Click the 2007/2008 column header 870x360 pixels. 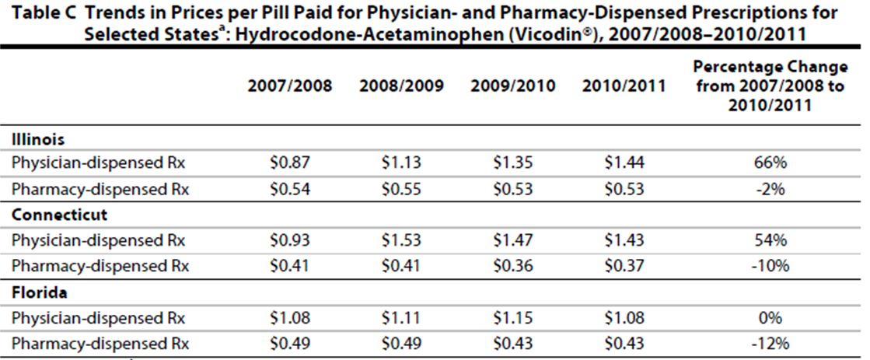coord(290,86)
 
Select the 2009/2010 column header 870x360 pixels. coord(513,86)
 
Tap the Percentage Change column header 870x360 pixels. coord(770,86)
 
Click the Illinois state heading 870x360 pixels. coord(37,140)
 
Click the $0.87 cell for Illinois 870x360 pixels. coord(288,163)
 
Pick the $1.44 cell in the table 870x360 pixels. coord(624,163)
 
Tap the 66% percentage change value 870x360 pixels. coord(770,163)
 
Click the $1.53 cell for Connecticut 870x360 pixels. coord(401,239)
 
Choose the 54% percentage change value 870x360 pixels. coord(770,239)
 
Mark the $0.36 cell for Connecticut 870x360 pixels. coord(513,266)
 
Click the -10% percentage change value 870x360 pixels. coord(770,266)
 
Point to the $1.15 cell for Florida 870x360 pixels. coord(513,319)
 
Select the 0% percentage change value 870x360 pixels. coord(770,319)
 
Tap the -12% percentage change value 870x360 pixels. coord(770,344)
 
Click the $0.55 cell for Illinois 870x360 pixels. coord(401,188)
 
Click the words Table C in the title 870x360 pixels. coord(37,13)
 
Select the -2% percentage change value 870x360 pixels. coord(770,188)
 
